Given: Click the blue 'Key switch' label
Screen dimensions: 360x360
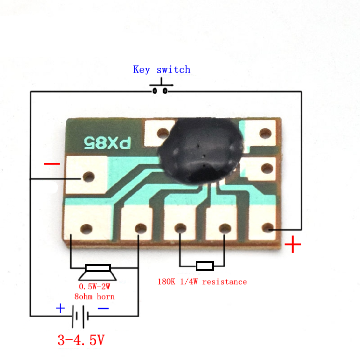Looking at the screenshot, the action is (x=162, y=70).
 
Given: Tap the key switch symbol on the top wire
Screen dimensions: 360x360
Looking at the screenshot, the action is (x=160, y=89).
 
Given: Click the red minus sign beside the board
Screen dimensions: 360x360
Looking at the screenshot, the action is (x=52, y=164).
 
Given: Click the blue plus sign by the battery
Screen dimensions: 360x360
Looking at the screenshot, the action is (x=60, y=308).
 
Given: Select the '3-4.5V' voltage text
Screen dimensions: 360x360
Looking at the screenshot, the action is (x=81, y=340).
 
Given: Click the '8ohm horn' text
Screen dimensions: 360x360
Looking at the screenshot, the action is (x=94, y=296).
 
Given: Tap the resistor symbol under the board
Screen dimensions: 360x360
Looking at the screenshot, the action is (x=205, y=266).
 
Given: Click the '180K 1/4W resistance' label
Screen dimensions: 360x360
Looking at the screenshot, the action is (x=202, y=282).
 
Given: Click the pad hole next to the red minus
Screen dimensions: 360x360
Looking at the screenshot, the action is (x=88, y=177).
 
